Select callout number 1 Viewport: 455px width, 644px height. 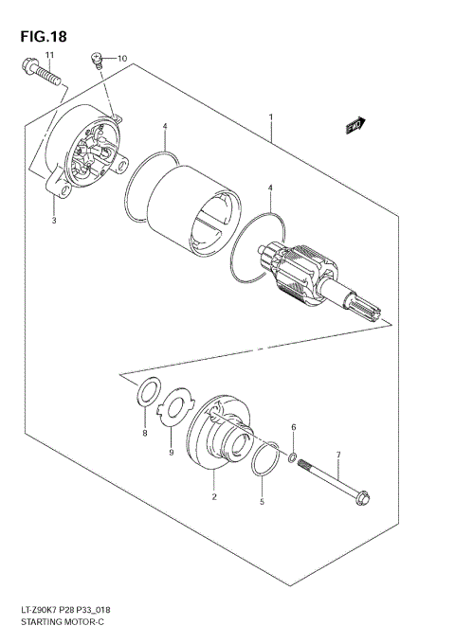tap(271, 117)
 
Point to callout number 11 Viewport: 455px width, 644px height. tap(50, 58)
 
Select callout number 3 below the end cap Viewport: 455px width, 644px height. tap(54, 221)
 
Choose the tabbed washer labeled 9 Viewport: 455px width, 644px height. tap(172, 409)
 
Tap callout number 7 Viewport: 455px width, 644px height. tap(338, 456)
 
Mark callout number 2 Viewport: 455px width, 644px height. tap(214, 496)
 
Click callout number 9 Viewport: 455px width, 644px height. tap(172, 453)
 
